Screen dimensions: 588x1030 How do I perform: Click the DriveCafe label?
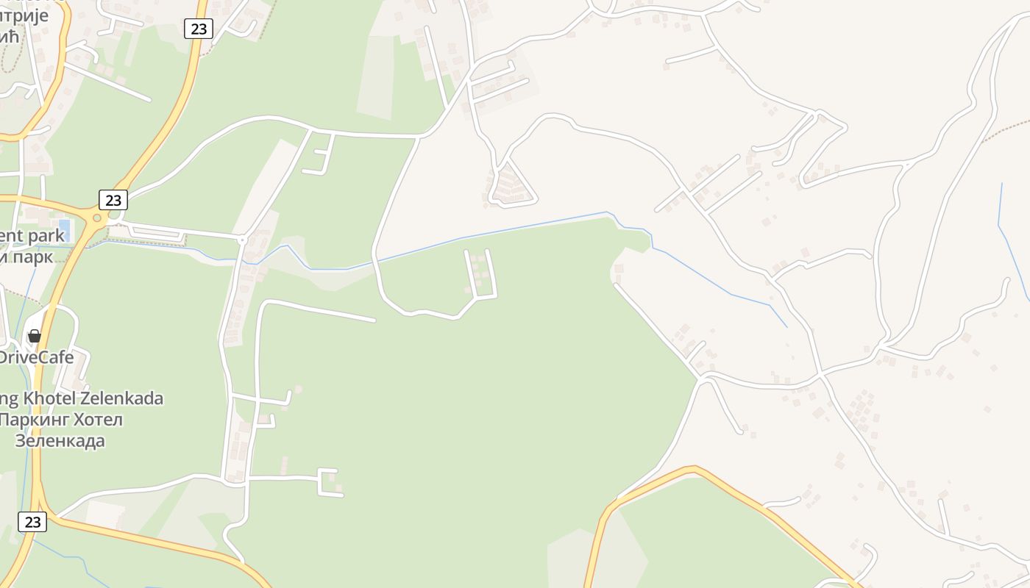pos(37,357)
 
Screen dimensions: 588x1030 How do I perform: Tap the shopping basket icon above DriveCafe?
pos(34,336)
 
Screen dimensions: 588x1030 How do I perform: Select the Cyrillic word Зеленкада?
pos(60,441)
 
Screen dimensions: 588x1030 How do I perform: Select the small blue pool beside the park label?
pos(64,230)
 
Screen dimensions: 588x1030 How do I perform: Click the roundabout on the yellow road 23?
pos(96,218)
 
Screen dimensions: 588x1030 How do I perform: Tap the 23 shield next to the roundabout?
pos(113,200)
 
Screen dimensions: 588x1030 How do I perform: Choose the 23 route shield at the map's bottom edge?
pos(32,522)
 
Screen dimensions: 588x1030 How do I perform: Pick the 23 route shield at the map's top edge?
pos(198,29)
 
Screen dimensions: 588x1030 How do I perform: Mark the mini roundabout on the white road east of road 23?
pos(241,240)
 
